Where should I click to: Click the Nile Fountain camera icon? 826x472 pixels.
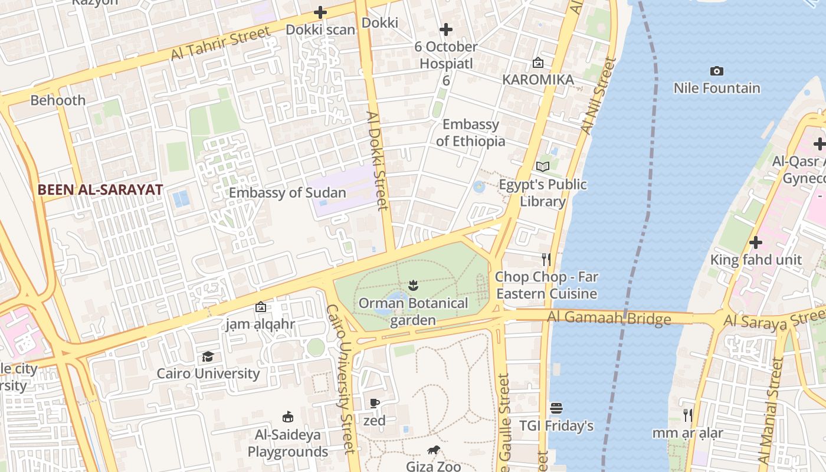pyautogui.click(x=717, y=71)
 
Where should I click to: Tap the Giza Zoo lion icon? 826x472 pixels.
pyautogui.click(x=434, y=451)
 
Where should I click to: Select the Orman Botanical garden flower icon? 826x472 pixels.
pyautogui.click(x=413, y=286)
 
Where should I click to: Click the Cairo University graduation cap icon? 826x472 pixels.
pyautogui.click(x=208, y=357)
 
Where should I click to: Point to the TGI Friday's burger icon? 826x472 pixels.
pyautogui.click(x=556, y=408)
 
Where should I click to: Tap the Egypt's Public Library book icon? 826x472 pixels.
pyautogui.click(x=543, y=167)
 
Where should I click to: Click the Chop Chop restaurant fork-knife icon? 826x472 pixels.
pyautogui.click(x=546, y=259)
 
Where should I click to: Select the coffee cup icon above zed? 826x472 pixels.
pyautogui.click(x=374, y=404)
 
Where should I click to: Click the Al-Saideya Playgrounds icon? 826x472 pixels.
pyautogui.click(x=288, y=417)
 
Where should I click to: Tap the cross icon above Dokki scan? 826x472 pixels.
pyautogui.click(x=320, y=12)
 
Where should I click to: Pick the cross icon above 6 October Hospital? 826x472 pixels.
pyautogui.click(x=446, y=29)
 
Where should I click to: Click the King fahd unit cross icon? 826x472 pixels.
pyautogui.click(x=755, y=242)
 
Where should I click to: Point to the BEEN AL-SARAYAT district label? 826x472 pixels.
pyautogui.click(x=100, y=190)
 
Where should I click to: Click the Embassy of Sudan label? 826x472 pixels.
pyautogui.click(x=287, y=193)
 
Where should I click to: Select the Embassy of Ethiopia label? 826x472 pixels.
pyautogui.click(x=471, y=133)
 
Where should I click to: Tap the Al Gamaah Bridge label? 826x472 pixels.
pyautogui.click(x=609, y=318)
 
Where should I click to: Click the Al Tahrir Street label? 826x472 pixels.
pyautogui.click(x=221, y=43)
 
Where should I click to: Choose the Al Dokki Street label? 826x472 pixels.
pyautogui.click(x=378, y=160)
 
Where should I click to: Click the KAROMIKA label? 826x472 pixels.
pyautogui.click(x=538, y=80)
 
